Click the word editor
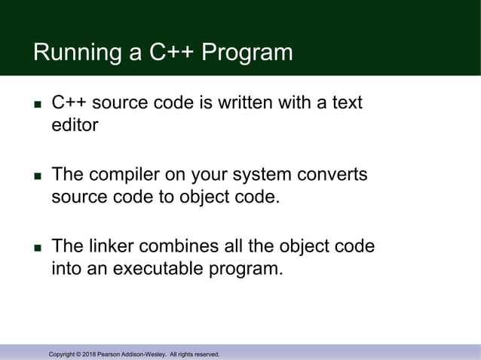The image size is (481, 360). [x=75, y=125]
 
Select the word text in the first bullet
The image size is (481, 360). [x=345, y=102]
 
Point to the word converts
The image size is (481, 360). [x=332, y=175]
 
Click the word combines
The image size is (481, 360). [x=182, y=247]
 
